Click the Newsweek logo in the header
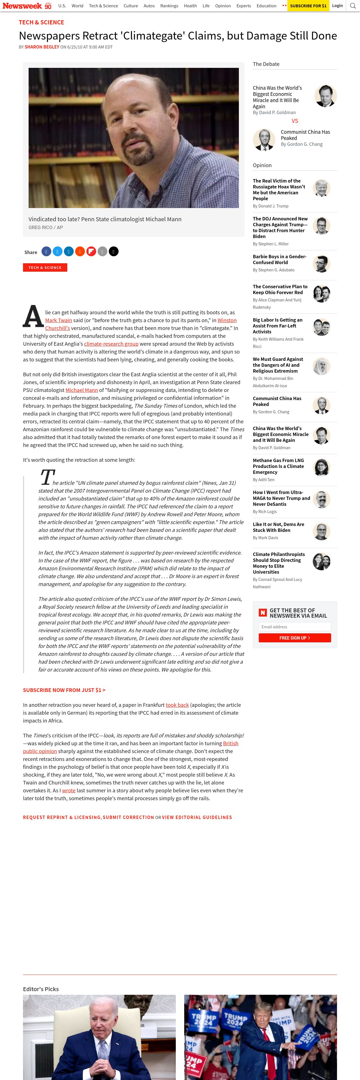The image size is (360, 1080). pyautogui.click(x=22, y=6)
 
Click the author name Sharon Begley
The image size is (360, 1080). pyautogui.click(x=42, y=47)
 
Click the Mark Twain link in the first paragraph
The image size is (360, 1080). pyautogui.click(x=59, y=320)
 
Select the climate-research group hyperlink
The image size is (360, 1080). pyautogui.click(x=111, y=344)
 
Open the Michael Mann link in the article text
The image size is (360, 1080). pyautogui.click(x=82, y=390)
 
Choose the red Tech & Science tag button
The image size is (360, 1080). pyautogui.click(x=45, y=267)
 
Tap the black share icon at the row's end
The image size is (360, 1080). pyautogui.click(x=114, y=251)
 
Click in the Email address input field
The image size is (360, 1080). pyautogui.click(x=295, y=627)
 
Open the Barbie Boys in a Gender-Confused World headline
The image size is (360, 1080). pyautogui.click(x=280, y=260)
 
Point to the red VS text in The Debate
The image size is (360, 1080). pyautogui.click(x=295, y=121)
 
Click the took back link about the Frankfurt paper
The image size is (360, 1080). pyautogui.click(x=177, y=705)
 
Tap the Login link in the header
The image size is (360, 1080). pyautogui.click(x=337, y=6)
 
